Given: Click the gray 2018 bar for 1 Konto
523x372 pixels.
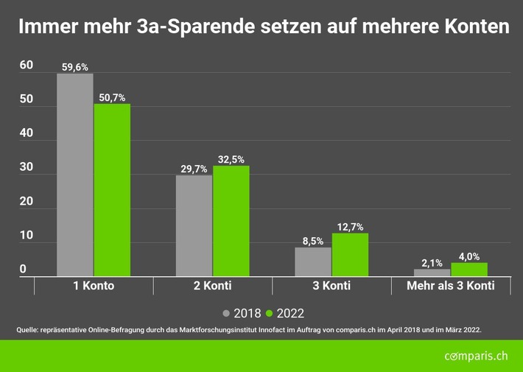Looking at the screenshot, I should tap(75, 175).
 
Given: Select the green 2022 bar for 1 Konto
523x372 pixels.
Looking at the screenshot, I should tap(112, 190).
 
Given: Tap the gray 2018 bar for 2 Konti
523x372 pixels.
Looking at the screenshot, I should tap(194, 225).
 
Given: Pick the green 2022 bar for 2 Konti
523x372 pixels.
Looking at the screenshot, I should tap(231, 221).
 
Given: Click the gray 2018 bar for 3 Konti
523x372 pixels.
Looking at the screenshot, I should tap(313, 262).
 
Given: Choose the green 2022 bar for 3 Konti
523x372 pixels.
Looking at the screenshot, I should tap(350, 255).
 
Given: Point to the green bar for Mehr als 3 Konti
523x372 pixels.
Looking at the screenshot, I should tap(469, 270).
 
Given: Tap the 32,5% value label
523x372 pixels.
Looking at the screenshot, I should tap(231, 159).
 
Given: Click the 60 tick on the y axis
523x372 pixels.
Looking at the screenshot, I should tap(27, 66).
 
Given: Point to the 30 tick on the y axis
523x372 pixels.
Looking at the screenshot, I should tap(27, 167).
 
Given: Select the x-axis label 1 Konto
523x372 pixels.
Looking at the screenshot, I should tap(94, 286).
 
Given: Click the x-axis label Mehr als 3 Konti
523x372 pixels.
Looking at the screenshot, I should tap(450, 286).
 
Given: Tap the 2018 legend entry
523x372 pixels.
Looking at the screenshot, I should tap(242, 312).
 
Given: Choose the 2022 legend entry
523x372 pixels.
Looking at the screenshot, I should tap(285, 312).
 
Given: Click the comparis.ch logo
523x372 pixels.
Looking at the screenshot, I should tap(476, 357).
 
